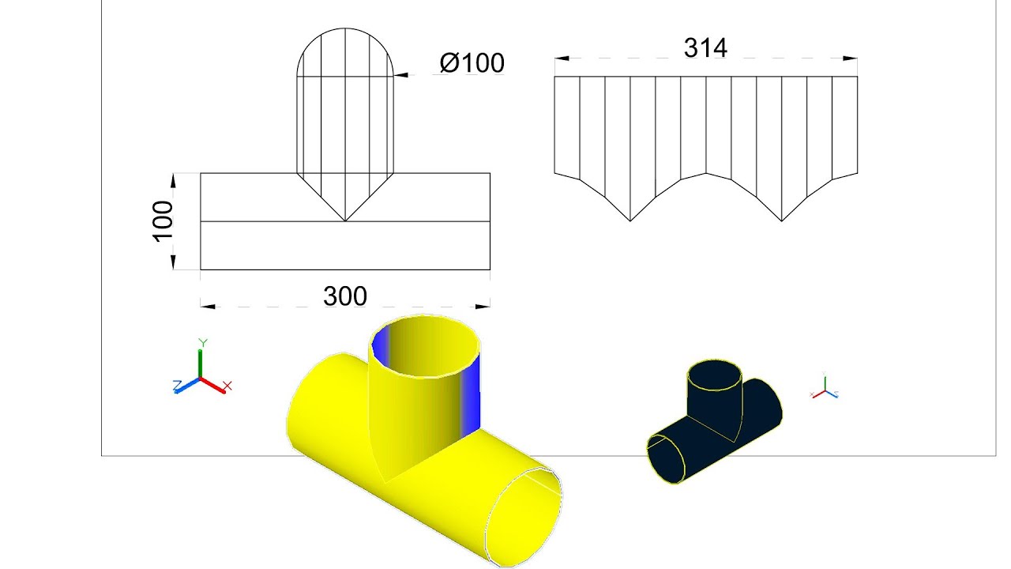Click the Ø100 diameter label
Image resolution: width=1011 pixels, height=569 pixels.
point(472,62)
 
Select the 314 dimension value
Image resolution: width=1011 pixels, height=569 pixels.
point(705,47)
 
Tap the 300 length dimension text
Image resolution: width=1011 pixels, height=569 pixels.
point(345,296)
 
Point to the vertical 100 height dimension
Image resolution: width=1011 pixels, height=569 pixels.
point(163,222)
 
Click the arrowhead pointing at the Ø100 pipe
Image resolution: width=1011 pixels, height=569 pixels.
point(400,75)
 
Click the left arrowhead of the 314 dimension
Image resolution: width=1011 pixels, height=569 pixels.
point(562,58)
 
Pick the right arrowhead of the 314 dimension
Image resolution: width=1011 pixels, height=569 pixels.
point(850,58)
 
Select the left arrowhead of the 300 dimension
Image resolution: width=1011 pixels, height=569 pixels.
point(208,307)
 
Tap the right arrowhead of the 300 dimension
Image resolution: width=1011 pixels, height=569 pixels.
point(483,307)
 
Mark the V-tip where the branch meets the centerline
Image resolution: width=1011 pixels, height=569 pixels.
point(345,221)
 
